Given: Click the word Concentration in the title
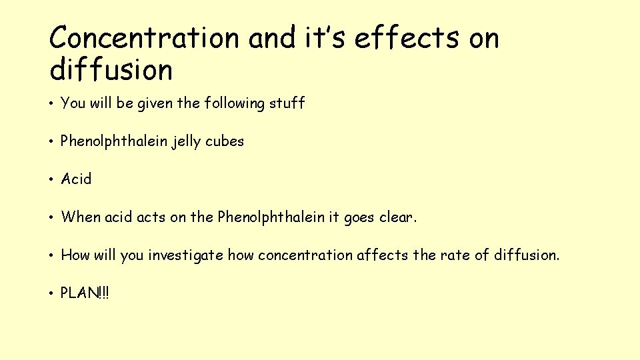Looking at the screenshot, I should (144, 38).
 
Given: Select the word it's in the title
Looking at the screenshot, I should (326, 38).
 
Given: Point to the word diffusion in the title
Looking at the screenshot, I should (111, 69).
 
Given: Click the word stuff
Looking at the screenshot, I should (287, 103).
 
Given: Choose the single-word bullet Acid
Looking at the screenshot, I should (76, 179).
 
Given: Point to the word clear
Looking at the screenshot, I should (398, 217).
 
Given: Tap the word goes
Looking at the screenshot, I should (359, 217).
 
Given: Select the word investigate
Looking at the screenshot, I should (186, 255).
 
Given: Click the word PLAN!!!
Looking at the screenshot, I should (85, 293).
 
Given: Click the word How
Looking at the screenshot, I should (75, 255).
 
